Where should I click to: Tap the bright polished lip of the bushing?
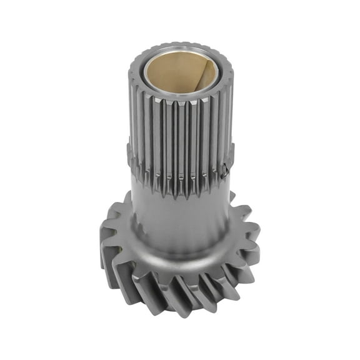pyautogui.click(x=181, y=94)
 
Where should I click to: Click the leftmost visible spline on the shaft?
pyautogui.click(x=134, y=125)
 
